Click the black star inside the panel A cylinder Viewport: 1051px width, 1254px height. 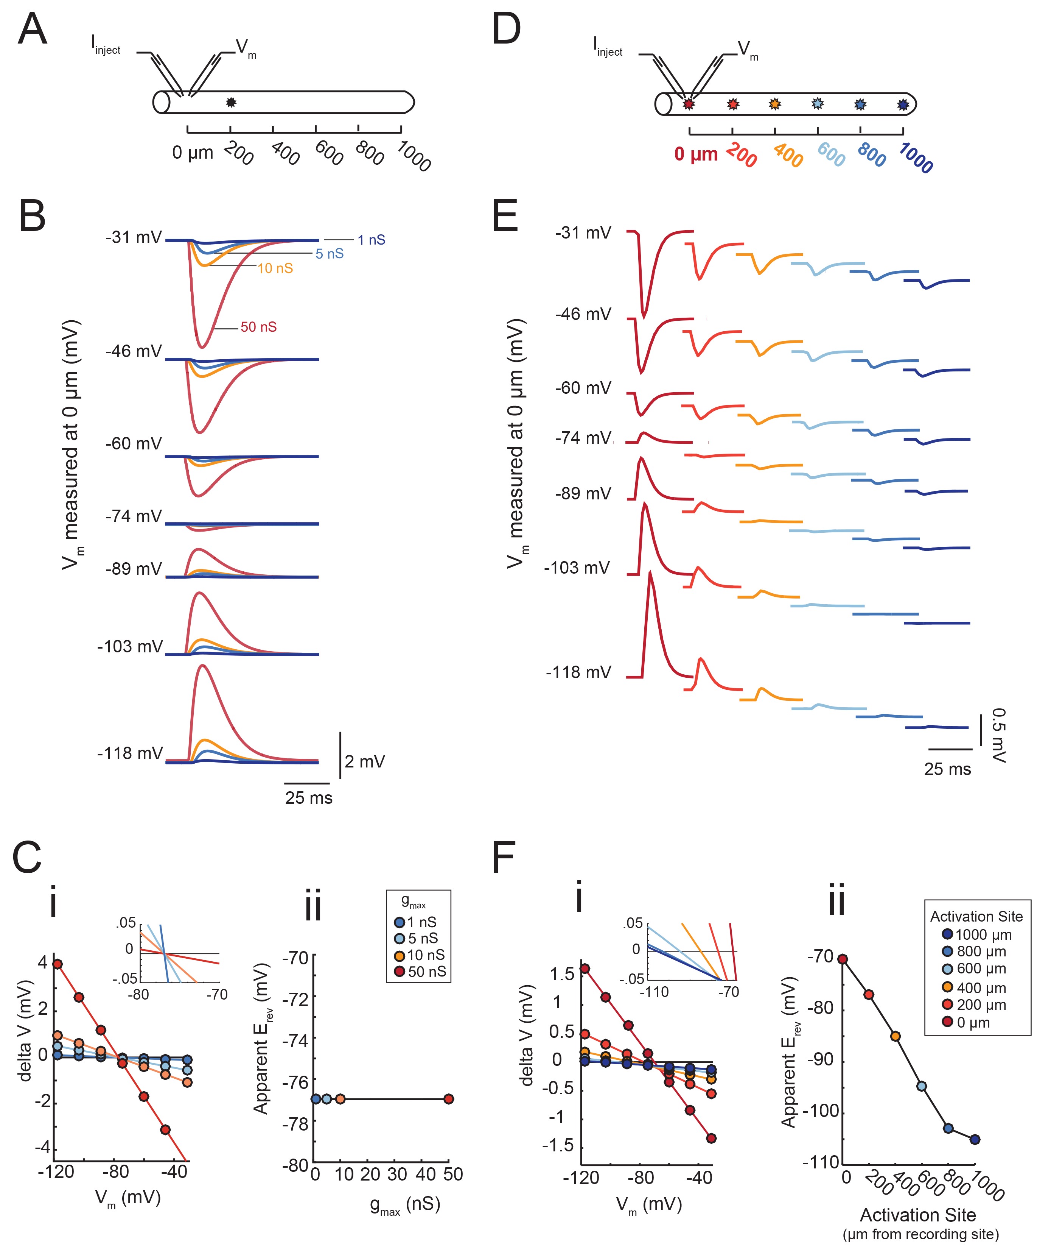click(231, 102)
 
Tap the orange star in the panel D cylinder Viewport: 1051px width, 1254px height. click(775, 104)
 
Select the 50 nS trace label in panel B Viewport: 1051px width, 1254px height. click(258, 327)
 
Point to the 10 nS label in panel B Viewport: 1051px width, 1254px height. click(275, 269)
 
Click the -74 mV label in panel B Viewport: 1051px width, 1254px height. click(133, 516)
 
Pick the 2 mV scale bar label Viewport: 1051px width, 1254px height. click(365, 761)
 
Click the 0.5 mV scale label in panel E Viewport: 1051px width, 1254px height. click(998, 735)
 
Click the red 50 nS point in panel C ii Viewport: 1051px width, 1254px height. click(449, 1099)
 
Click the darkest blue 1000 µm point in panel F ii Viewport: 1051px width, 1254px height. click(975, 1139)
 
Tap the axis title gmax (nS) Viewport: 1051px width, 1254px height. click(405, 1204)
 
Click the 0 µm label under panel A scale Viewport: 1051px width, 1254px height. click(192, 153)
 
